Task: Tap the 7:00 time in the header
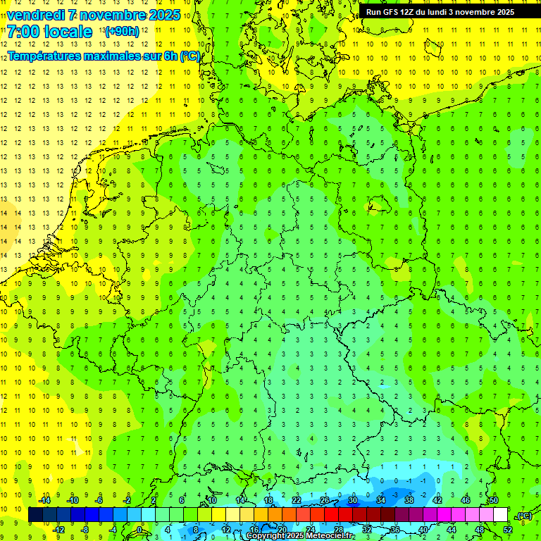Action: click(22, 32)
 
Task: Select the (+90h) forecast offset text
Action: click(121, 32)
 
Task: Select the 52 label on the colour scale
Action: click(508, 530)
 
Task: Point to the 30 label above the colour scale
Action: click(352, 500)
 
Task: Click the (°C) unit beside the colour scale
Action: click(524, 516)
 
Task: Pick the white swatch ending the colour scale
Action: click(500, 515)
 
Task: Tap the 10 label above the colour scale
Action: click(212, 500)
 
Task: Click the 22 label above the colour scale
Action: click(297, 500)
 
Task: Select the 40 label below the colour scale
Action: click(423, 530)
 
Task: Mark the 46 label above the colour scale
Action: click(465, 500)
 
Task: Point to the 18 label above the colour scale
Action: click(268, 500)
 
